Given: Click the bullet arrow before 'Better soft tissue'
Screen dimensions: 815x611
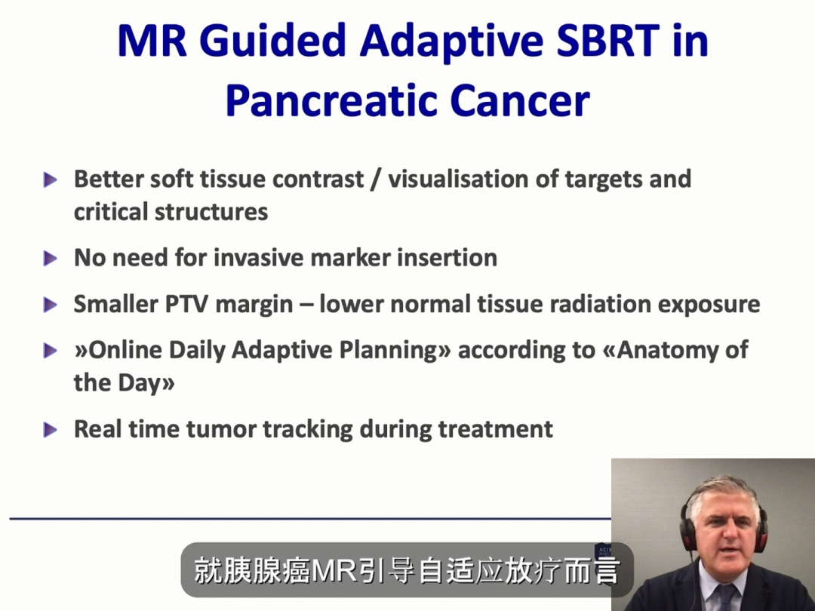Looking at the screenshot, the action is (51, 180).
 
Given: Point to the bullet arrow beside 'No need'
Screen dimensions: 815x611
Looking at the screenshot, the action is (51, 258).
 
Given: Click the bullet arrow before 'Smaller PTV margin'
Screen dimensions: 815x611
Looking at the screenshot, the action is (51, 305).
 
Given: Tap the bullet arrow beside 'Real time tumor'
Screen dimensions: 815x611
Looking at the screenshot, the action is (51, 430).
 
